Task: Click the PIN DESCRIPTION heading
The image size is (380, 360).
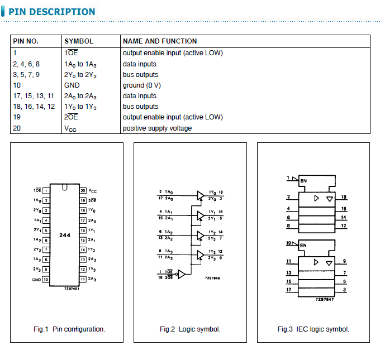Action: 52,12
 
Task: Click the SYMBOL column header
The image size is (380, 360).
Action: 79,41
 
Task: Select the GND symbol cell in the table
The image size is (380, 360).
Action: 72,85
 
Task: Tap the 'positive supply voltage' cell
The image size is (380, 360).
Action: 157,128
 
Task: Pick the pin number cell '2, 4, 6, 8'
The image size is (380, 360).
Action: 26,64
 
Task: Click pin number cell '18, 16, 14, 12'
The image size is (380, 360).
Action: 34,107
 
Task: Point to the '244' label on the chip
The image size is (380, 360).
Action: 65,236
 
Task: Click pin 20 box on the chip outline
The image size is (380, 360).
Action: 83,190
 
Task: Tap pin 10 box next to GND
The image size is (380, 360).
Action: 46,279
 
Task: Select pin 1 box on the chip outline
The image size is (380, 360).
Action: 46,190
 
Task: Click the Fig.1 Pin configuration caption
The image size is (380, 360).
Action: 69,329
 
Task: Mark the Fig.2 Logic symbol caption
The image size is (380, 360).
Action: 190,329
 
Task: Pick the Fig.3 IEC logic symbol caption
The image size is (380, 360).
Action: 313,329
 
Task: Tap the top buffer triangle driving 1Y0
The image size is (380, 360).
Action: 200,195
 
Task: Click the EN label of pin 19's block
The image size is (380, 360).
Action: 303,245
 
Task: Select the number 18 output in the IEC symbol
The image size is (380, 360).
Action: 344,197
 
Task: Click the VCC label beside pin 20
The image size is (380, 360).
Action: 93,190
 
